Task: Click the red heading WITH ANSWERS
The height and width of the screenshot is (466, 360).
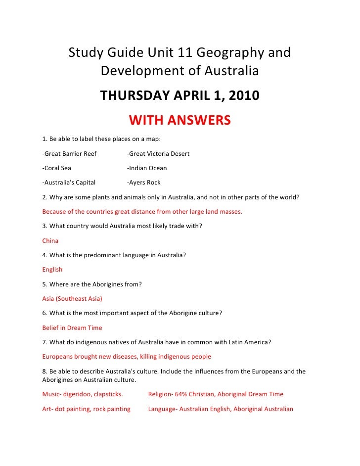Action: (x=180, y=120)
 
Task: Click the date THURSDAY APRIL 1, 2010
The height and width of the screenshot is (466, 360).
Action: (x=180, y=95)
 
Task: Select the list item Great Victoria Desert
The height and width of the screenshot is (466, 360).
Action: (x=158, y=153)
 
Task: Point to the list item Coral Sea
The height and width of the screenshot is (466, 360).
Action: (x=57, y=168)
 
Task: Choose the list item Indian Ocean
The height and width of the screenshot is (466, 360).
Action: (x=147, y=168)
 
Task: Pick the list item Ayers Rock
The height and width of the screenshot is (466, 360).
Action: (x=144, y=182)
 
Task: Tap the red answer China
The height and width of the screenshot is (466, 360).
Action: (x=50, y=241)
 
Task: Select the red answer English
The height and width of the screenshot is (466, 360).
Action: (x=52, y=270)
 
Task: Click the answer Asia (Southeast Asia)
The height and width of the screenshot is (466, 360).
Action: (x=72, y=299)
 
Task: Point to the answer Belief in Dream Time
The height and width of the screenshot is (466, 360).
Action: (x=72, y=327)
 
